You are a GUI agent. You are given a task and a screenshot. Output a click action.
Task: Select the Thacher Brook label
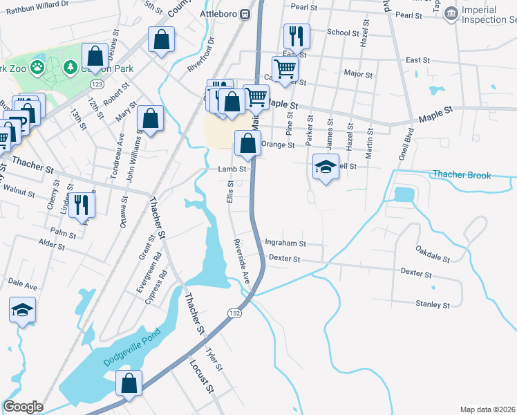(461, 175)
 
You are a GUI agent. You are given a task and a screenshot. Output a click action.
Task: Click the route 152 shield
(236, 313)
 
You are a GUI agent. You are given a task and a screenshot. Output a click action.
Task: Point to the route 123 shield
(97, 84)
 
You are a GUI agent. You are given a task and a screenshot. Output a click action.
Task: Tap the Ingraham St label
(285, 243)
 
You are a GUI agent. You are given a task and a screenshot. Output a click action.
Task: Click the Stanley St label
(433, 304)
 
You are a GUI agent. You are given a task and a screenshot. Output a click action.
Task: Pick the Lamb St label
(232, 169)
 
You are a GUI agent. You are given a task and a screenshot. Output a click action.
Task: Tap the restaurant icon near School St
(297, 35)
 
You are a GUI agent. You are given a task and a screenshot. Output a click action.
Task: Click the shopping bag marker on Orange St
(247, 143)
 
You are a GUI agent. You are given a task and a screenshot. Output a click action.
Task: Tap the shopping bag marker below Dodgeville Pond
(129, 382)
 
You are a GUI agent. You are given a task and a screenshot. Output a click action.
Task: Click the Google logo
(23, 407)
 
